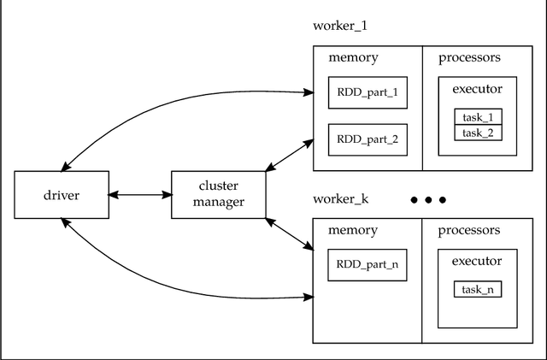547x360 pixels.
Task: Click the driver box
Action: point(62,195)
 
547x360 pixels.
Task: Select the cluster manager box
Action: point(219,195)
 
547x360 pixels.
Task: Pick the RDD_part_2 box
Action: point(367,139)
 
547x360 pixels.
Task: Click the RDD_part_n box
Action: point(367,265)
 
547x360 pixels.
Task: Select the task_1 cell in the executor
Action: point(478,117)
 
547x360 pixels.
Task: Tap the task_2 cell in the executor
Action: point(478,133)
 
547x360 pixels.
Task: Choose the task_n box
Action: point(478,290)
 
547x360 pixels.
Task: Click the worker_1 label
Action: point(340,26)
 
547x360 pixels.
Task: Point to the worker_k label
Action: point(340,199)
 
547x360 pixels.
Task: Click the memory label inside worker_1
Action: point(353,58)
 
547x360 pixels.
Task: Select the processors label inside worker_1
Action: point(469,58)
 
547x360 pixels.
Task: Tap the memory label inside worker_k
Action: point(353,230)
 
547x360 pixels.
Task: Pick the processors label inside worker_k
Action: point(469,230)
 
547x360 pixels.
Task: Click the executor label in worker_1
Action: point(477,88)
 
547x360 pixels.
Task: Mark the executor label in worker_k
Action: point(477,261)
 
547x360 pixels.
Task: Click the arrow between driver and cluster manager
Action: point(140,195)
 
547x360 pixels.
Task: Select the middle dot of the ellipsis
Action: point(429,200)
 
